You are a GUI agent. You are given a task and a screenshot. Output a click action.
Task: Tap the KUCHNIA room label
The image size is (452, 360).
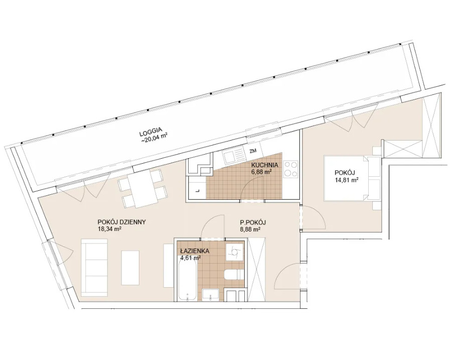(264, 165)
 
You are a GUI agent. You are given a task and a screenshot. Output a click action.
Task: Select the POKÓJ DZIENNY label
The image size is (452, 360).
(121, 222)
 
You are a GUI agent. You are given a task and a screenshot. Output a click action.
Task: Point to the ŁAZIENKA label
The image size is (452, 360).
(195, 251)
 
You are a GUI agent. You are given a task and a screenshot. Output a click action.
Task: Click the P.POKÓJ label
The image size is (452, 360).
(252, 222)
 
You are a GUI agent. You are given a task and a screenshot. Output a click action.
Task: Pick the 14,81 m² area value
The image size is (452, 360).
(346, 180)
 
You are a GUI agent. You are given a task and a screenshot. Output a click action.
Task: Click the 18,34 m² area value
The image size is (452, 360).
(109, 229)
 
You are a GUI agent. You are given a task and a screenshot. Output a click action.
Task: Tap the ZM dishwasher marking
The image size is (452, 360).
(253, 150)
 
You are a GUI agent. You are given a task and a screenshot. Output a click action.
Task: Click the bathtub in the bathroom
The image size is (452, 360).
(188, 277)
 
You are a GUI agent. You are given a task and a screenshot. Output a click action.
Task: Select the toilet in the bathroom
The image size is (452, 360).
(234, 274)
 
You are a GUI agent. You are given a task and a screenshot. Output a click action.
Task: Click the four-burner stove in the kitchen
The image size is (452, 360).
(290, 169)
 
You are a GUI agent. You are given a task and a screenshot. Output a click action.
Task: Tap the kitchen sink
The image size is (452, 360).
(234, 155)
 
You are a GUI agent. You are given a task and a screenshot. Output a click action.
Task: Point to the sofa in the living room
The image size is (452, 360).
(94, 268)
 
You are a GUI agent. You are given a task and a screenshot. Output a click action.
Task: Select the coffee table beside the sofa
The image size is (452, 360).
(130, 268)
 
